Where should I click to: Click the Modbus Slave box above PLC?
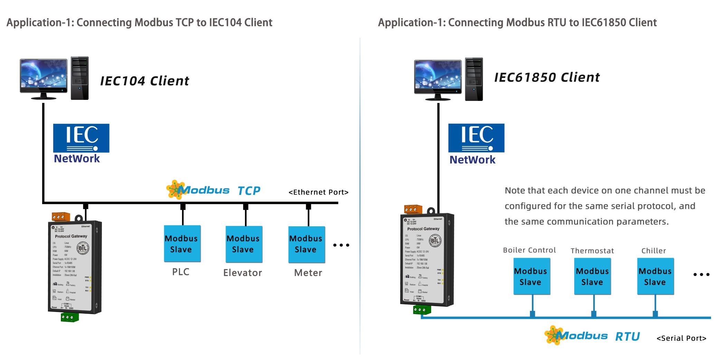(x=182, y=244)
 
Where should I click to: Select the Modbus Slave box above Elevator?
(x=244, y=244)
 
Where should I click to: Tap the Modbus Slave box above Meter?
(x=306, y=244)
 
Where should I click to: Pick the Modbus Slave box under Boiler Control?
(x=531, y=276)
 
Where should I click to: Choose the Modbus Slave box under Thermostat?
(x=593, y=276)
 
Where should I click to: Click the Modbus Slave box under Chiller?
(x=655, y=276)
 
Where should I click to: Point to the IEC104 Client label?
(x=144, y=81)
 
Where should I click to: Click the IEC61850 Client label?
(x=547, y=77)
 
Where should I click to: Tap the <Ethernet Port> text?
(x=318, y=192)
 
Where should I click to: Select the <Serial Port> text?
(x=681, y=338)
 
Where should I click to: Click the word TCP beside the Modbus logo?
(x=249, y=191)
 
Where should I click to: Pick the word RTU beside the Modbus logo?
(x=627, y=337)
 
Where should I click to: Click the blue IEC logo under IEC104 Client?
(x=81, y=138)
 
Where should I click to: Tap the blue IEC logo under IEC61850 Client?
(x=476, y=138)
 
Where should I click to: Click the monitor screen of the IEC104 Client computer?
(x=44, y=75)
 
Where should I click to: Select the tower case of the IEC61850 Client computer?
(x=474, y=79)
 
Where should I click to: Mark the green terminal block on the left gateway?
(x=70, y=317)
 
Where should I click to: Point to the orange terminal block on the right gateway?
(x=413, y=209)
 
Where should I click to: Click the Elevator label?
(x=243, y=273)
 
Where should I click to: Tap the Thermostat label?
(x=592, y=251)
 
